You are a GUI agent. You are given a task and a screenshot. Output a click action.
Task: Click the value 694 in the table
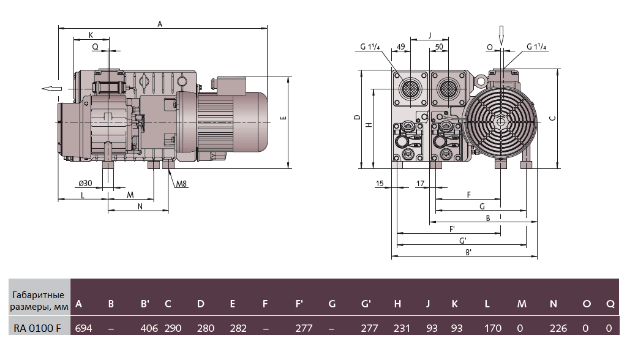coord(83,329)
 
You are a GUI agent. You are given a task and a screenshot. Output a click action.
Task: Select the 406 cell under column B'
coord(149,329)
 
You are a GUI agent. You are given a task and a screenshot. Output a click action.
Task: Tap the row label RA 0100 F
coord(37,329)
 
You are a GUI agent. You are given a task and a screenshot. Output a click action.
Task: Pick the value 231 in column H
coord(402,329)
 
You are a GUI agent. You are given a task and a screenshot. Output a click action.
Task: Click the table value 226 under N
coord(558,329)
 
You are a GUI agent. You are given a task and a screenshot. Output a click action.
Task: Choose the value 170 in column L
coord(493,329)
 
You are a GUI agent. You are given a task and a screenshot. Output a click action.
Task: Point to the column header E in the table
coord(233,304)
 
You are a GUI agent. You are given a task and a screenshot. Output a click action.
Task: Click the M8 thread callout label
coord(181,184)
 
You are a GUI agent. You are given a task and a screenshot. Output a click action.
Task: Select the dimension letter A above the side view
coord(160,24)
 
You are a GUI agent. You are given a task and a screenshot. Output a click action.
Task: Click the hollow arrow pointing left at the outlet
coord(51,89)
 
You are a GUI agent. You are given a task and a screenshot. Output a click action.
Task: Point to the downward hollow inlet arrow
coord(501,35)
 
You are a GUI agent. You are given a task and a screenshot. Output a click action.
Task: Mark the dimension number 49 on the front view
coord(401,47)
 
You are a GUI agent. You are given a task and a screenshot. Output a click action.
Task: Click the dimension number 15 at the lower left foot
coord(380,184)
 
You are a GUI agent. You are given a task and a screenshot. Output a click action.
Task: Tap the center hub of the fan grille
coord(501,122)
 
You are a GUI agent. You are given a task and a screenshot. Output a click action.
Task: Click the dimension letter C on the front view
coord(552,118)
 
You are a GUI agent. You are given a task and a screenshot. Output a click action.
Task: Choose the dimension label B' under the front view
coord(468,252)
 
